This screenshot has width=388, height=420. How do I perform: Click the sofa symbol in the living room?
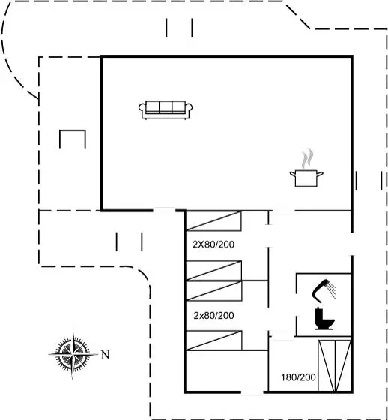click(x=166, y=109)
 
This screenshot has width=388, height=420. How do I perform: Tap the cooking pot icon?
click(x=306, y=178)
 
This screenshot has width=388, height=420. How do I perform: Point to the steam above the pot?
click(x=307, y=158)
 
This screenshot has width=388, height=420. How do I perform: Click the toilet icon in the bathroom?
click(x=324, y=319)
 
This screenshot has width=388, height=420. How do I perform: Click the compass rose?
click(x=73, y=354)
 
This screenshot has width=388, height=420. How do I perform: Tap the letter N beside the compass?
click(x=105, y=355)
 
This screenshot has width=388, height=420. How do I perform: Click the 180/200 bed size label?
click(x=298, y=377)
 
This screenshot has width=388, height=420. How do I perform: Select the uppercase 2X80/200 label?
click(x=213, y=244)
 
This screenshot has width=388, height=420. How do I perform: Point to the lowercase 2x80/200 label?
click(x=213, y=315)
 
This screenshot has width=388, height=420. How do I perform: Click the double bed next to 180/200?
click(x=334, y=366)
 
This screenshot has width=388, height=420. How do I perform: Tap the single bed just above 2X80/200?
click(x=213, y=221)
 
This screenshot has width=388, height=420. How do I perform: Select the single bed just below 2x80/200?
click(x=213, y=340)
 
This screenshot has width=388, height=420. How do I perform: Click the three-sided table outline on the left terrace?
click(x=72, y=130)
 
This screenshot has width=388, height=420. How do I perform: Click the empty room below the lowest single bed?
click(x=227, y=370)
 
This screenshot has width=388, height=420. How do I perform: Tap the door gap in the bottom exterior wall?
click(x=252, y=392)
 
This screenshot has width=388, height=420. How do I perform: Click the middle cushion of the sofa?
click(x=166, y=107)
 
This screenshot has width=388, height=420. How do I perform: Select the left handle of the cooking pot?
click(x=292, y=174)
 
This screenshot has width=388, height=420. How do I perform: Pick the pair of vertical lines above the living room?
click(x=179, y=28)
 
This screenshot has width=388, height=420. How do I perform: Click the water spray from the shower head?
click(x=332, y=290)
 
